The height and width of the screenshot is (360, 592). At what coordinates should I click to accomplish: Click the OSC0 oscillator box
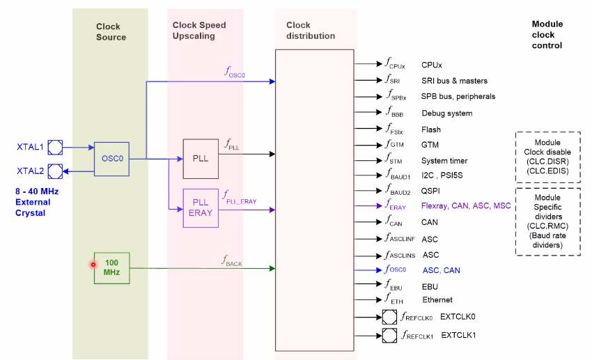[x=111, y=158]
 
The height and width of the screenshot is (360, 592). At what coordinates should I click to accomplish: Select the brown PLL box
[x=200, y=158]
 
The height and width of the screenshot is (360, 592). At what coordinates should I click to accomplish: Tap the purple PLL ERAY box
[x=200, y=208]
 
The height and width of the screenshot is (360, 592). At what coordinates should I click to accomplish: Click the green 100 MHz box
[x=111, y=267]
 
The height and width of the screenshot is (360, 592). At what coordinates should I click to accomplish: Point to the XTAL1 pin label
[x=30, y=147]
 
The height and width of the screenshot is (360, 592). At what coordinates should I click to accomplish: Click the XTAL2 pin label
[x=30, y=171]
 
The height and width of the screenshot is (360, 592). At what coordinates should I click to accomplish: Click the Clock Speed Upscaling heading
[x=199, y=31]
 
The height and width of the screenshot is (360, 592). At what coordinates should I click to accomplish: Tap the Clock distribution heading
[x=311, y=31]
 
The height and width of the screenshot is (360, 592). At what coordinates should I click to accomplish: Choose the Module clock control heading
[x=547, y=35]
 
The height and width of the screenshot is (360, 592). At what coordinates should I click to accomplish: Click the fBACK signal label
[x=233, y=260]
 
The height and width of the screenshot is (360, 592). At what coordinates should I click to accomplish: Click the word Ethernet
[x=437, y=300]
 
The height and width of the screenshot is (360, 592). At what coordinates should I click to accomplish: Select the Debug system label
[x=446, y=114]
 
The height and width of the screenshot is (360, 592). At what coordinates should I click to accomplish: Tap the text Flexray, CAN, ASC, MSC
[x=465, y=205]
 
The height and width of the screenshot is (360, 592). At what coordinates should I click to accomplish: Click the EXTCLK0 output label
[x=459, y=317]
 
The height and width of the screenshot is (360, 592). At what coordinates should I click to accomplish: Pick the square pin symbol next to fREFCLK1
[x=389, y=336]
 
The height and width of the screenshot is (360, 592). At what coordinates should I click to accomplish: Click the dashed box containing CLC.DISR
[x=547, y=157]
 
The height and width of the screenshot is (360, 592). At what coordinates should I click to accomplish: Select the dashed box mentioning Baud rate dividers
[x=547, y=221]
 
